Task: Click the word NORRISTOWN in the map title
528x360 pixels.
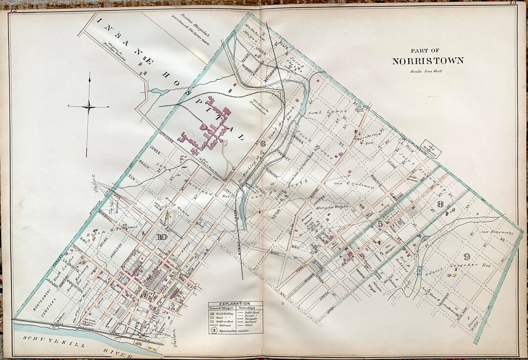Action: click(x=427, y=61)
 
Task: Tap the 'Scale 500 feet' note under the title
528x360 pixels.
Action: click(x=427, y=71)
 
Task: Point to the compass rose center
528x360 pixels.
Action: click(x=88, y=106)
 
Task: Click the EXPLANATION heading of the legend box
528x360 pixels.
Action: click(x=236, y=304)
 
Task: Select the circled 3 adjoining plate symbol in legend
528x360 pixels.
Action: click(x=214, y=330)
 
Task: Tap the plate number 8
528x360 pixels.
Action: click(x=440, y=204)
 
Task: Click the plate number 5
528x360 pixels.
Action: click(x=380, y=224)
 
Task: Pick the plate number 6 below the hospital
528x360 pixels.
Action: click(x=263, y=144)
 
